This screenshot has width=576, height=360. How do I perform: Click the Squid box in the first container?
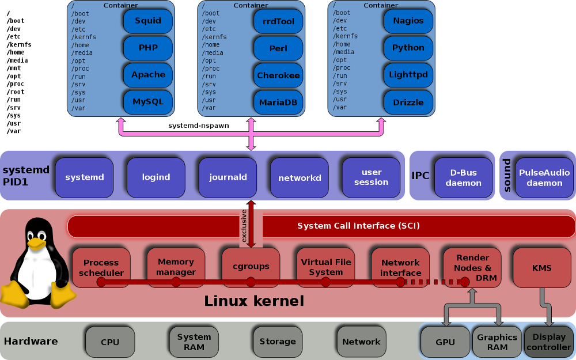[148, 21]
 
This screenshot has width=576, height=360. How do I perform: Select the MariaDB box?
[278, 102]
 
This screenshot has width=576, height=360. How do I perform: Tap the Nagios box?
[408, 21]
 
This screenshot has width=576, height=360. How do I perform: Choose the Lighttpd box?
[408, 75]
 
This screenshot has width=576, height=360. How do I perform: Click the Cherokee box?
[278, 75]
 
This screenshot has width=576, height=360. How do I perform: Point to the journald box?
[228, 177]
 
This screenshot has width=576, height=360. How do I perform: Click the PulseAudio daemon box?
[544, 177]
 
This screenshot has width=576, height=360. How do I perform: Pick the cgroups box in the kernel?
[251, 267]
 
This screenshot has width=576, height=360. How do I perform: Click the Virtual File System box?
[325, 267]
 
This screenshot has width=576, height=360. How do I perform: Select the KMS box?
[541, 268]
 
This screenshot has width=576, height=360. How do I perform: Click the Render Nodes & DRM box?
[472, 267]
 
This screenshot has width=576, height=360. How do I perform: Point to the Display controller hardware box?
[548, 342]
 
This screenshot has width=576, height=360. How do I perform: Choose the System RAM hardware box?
[194, 342]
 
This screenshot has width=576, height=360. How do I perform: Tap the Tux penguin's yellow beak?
[36, 244]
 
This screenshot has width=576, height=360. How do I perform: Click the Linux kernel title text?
[254, 301]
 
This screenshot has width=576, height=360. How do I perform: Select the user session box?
[371, 177]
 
